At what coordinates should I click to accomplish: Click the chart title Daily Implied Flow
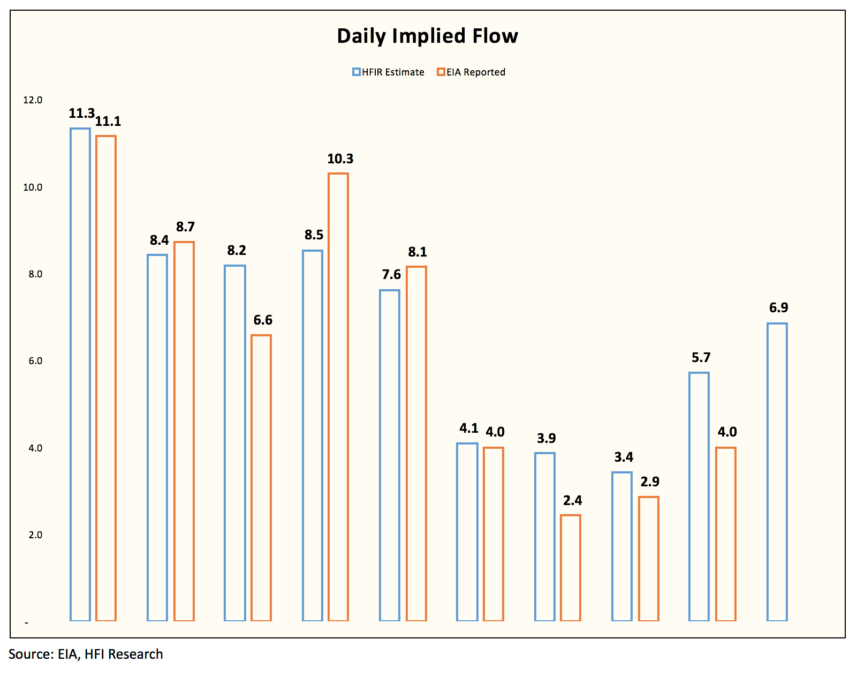click(427, 36)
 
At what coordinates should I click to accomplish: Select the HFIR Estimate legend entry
click(388, 72)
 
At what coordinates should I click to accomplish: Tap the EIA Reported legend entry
click(471, 72)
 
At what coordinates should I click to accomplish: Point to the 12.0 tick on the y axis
click(33, 100)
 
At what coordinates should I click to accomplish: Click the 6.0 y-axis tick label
click(35, 361)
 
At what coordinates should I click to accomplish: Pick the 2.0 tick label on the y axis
click(35, 535)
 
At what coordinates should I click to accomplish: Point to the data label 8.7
click(185, 227)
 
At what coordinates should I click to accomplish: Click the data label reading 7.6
click(391, 274)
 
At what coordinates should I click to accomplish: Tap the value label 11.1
click(108, 121)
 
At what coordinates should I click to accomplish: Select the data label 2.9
click(650, 482)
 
